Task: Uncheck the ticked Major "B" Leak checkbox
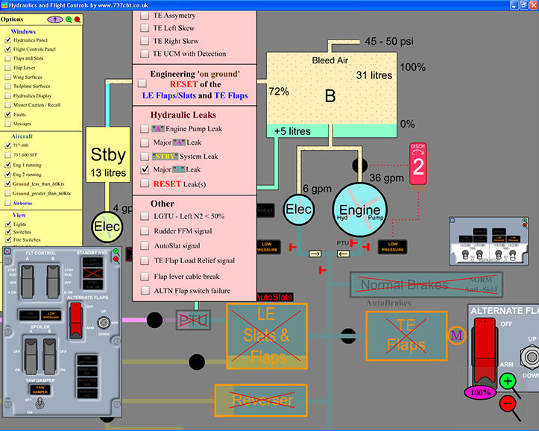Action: pos(145,169)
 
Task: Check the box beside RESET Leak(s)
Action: pos(145,183)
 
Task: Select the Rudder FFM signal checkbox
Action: pos(145,230)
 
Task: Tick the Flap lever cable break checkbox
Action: pos(145,275)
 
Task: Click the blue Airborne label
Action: pos(25,201)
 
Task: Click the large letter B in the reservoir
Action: pos(330,95)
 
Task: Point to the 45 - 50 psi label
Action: pos(390,41)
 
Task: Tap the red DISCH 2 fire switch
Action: pos(418,164)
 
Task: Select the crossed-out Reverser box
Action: pos(261,400)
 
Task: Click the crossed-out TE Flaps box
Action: pos(405,336)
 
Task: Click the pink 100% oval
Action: pos(481,391)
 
